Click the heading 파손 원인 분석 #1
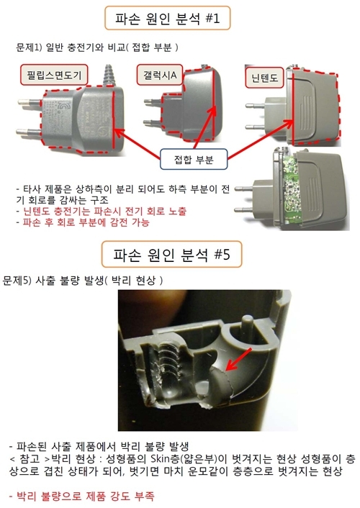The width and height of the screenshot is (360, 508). (x=167, y=18)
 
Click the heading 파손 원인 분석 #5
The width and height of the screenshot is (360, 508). (x=172, y=254)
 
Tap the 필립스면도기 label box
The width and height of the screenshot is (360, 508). (x=54, y=75)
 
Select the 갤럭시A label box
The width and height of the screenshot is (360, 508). (x=160, y=75)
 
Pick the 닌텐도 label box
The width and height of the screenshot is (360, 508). (x=265, y=78)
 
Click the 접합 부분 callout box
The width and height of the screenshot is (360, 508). (x=194, y=159)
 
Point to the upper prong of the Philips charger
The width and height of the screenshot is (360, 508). (x=30, y=103)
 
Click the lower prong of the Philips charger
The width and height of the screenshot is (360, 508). (x=29, y=132)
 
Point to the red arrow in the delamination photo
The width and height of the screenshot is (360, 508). (x=239, y=359)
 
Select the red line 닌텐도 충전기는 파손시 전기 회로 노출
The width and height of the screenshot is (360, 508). (x=102, y=212)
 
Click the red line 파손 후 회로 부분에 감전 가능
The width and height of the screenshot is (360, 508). (x=83, y=222)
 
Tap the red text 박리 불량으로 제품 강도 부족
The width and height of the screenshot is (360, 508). (x=81, y=496)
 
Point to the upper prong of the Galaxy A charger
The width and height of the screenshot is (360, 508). (x=153, y=101)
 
